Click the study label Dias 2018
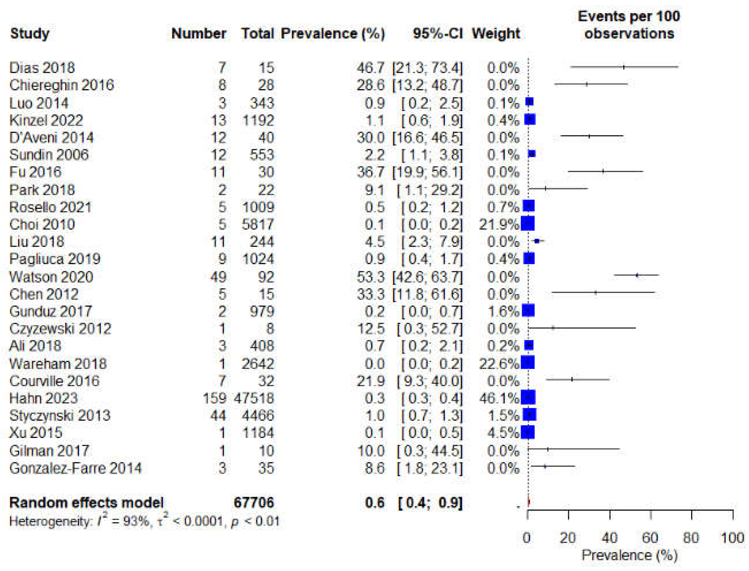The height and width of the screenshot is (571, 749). (x=42, y=68)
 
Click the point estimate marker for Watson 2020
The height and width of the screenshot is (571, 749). (x=637, y=275)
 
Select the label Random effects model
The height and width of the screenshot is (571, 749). (x=86, y=503)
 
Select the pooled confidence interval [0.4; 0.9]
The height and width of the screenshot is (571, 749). (x=430, y=503)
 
